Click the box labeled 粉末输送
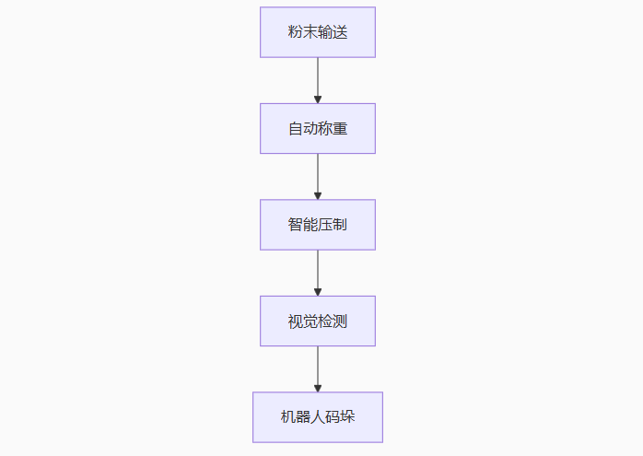[x=318, y=32]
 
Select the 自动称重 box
[x=318, y=128]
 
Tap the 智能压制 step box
[x=318, y=225]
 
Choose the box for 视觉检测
[x=318, y=322]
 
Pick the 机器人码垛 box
[x=318, y=417]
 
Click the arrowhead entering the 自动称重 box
[x=318, y=99]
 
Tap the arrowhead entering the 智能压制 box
[x=318, y=196]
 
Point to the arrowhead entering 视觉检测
[x=318, y=292]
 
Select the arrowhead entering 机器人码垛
[x=318, y=389]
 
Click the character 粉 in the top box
[x=296, y=32]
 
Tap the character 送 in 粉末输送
[x=340, y=32]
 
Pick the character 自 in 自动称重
[x=296, y=129]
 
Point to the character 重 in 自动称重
[x=340, y=129]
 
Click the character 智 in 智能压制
[x=296, y=225]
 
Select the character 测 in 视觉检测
[x=340, y=322]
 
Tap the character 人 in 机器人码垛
[x=318, y=417]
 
